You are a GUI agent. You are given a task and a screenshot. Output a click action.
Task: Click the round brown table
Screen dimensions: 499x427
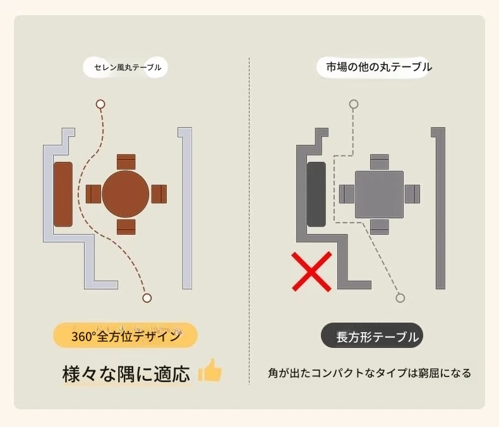(x=126, y=194)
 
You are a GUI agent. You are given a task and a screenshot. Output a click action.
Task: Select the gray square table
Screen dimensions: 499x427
(x=380, y=194)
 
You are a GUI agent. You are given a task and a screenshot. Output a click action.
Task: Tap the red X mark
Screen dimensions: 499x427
(x=312, y=271)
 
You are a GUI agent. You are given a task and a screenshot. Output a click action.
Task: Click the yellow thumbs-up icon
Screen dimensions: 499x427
(x=210, y=370)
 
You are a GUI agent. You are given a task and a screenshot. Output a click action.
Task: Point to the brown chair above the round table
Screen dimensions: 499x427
(x=126, y=162)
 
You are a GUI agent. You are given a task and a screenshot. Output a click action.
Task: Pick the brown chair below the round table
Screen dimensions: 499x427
(x=126, y=227)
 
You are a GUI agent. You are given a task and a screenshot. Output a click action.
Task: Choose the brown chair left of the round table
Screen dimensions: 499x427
(x=93, y=194)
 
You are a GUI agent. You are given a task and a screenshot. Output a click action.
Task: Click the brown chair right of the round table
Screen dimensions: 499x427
(x=159, y=194)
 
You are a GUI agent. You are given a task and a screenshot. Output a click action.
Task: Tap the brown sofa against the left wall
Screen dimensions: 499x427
(x=63, y=194)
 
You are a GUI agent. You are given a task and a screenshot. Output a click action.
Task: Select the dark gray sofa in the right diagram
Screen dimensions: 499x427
(x=316, y=194)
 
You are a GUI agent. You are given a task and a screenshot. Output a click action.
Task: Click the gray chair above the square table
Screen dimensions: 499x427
(x=380, y=162)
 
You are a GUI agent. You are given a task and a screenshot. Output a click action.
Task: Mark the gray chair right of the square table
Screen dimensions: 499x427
(x=412, y=194)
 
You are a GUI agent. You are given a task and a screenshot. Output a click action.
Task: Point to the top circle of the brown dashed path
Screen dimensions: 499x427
(x=100, y=104)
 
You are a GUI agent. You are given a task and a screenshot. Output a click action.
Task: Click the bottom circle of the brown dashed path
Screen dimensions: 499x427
(x=147, y=298)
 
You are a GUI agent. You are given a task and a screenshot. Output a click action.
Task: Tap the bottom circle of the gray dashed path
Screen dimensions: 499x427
(x=400, y=298)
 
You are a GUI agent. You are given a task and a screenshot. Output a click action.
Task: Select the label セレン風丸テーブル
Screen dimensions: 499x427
(x=128, y=67)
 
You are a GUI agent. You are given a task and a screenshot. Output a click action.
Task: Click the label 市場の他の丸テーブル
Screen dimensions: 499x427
(x=379, y=67)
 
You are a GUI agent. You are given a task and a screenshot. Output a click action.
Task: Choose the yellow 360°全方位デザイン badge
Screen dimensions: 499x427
(x=126, y=335)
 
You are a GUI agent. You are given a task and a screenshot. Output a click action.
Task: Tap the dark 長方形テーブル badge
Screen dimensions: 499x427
(x=372, y=335)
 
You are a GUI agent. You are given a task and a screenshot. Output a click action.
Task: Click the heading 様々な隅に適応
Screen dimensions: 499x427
(x=126, y=373)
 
